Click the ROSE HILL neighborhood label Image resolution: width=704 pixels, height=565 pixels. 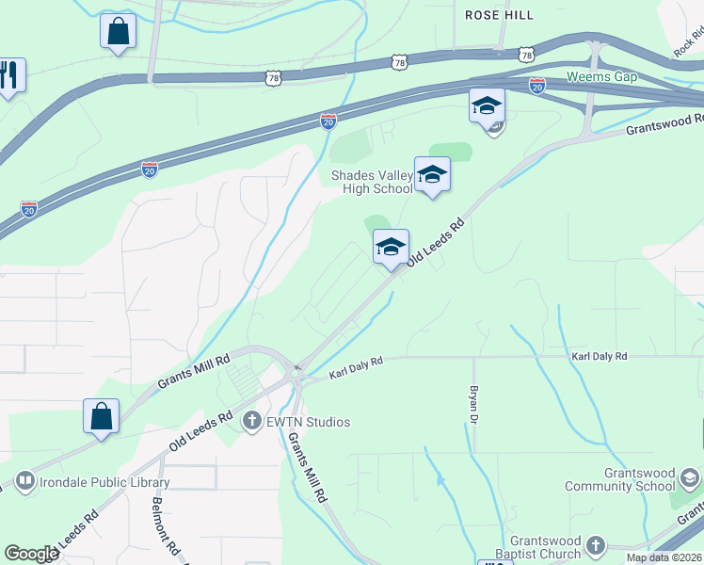point(499,15)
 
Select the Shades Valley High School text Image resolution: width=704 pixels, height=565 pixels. point(371,182)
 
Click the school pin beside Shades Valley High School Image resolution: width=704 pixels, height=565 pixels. point(432,175)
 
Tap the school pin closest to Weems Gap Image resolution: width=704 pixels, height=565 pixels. point(487,106)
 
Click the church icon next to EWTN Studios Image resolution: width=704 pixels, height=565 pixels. point(251,421)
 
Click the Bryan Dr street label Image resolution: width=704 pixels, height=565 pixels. point(474,404)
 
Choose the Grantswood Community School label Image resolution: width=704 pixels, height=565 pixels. point(620,479)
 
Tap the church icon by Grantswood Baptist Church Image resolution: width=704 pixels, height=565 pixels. point(594,545)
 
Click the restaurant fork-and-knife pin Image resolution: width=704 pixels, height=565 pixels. point(9,74)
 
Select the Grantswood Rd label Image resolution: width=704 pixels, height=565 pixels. point(664,124)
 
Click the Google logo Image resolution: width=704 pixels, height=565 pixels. point(31,554)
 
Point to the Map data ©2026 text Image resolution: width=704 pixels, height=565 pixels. point(664,557)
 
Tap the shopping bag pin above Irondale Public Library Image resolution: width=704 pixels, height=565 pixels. point(101,415)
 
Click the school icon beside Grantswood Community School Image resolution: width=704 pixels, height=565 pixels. point(690,479)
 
